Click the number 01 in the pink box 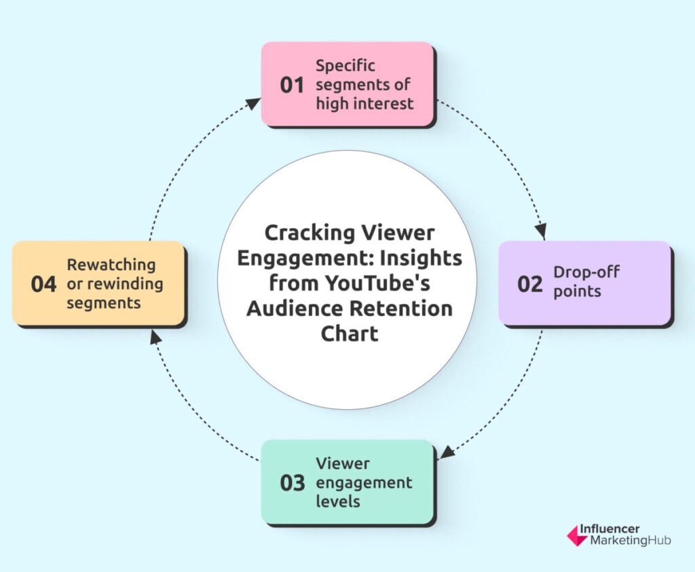click(x=292, y=85)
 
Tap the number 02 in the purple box click(x=529, y=284)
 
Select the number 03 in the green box click(x=293, y=483)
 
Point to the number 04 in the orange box click(x=43, y=284)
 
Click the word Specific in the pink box click(x=345, y=66)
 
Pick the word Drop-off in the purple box click(x=586, y=271)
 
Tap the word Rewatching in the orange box click(x=111, y=265)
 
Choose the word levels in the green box click(x=338, y=501)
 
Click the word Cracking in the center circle click(x=309, y=233)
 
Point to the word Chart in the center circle click(x=350, y=334)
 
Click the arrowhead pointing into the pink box click(x=252, y=103)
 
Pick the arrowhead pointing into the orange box click(x=155, y=337)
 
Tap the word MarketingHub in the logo click(x=631, y=541)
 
